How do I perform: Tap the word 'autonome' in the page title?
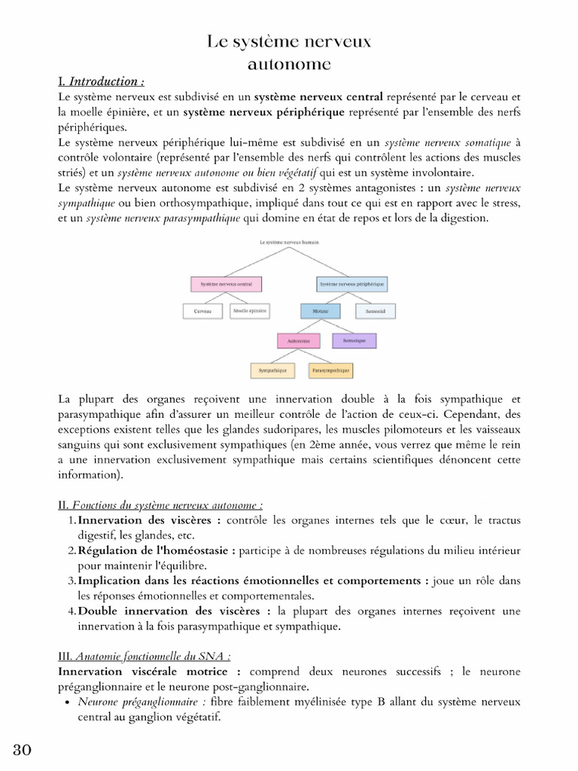[x=289, y=64]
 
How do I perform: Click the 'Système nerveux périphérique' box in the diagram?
[x=351, y=285]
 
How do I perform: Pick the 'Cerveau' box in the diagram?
[x=202, y=310]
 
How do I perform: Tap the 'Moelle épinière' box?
[x=250, y=310]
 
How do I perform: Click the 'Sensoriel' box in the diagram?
[x=376, y=310]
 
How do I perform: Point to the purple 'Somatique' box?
[x=354, y=341]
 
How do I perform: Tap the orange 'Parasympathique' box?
[x=330, y=371]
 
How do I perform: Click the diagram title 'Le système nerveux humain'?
[x=289, y=242]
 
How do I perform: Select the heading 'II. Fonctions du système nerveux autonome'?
[x=160, y=505]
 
